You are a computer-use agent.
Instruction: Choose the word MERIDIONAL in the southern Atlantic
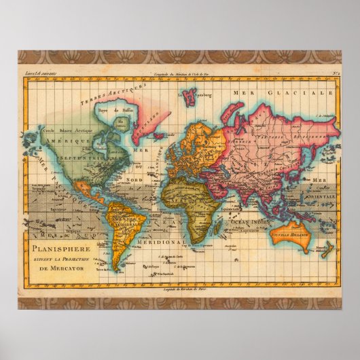point(162,241)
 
